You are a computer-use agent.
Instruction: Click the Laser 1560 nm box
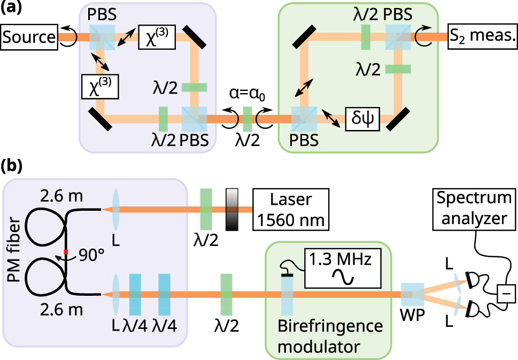[290, 210]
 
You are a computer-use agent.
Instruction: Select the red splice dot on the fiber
[65, 251]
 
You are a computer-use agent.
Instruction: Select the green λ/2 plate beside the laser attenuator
[206, 210]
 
